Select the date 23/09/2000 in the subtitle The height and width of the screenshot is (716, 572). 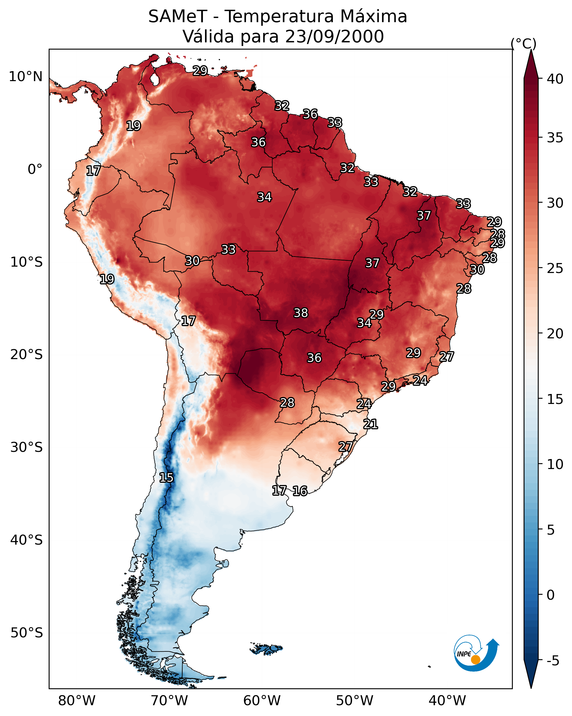pos(334,37)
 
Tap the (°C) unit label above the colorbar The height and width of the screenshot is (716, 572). pos(523,43)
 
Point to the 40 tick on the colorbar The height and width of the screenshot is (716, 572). pos(555,79)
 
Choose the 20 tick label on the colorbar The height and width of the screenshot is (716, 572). pos(555,334)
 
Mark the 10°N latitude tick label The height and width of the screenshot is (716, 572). pos(25,77)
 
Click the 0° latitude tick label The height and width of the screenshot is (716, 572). pos(35,169)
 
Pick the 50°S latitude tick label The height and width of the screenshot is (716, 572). pos(27,633)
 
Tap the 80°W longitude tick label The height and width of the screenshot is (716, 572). pos(77,700)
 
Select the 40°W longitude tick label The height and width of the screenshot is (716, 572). pos(447,700)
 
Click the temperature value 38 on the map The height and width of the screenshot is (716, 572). pos(301,313)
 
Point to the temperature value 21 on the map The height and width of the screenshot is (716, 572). pos(371,424)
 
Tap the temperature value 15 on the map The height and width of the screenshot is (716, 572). pos(166,478)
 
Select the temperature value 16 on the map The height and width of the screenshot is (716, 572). pos(300,491)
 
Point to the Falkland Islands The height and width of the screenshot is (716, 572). pos(266,649)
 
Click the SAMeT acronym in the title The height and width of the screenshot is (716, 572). pos(178,17)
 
